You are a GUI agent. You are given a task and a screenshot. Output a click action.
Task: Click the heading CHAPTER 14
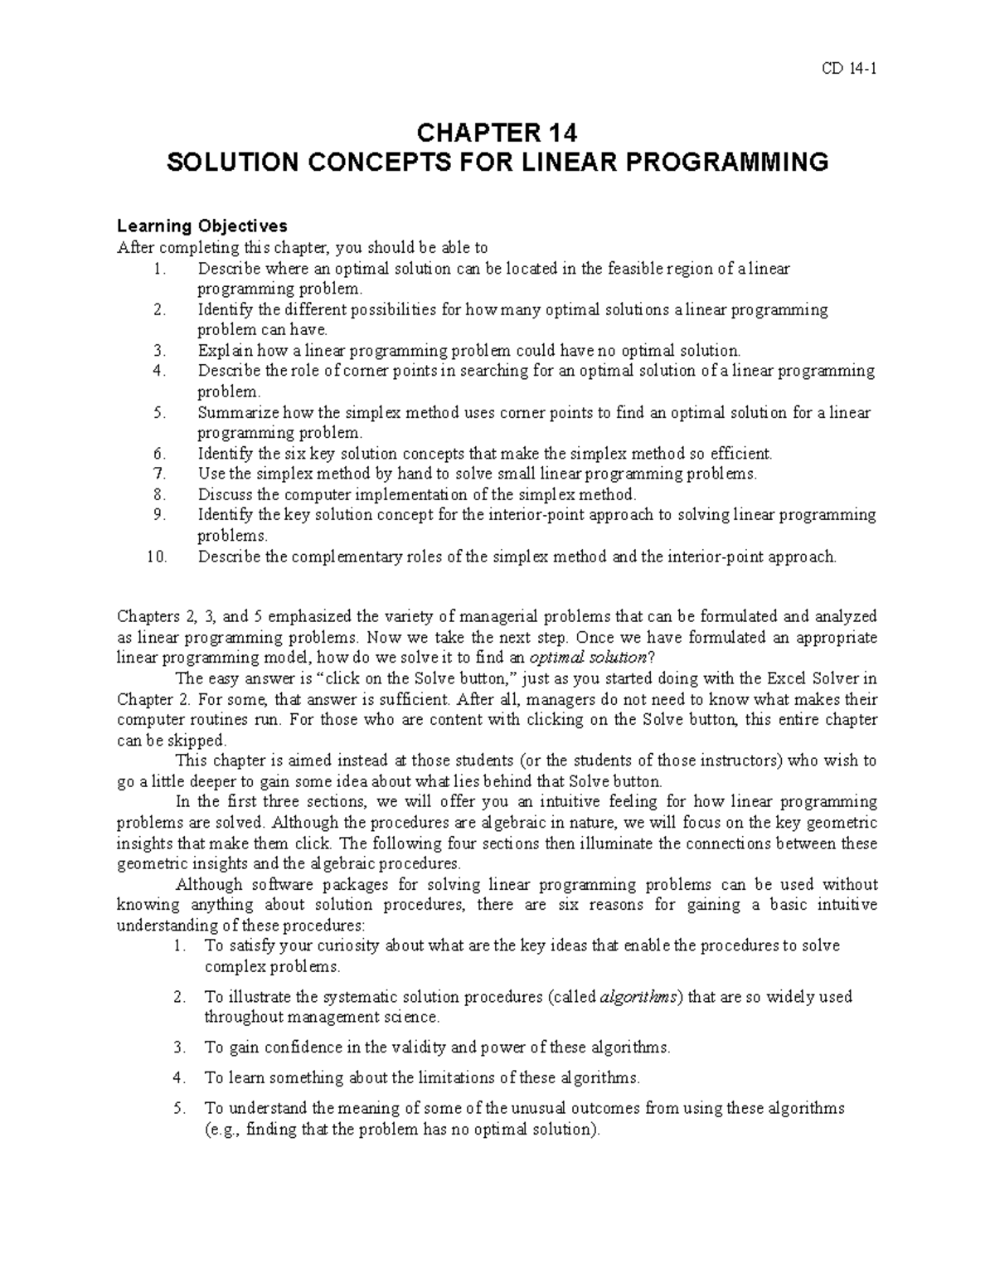click(497, 133)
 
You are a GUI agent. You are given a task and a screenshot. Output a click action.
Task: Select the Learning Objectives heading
click(201, 226)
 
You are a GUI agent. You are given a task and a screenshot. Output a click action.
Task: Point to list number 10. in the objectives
click(157, 557)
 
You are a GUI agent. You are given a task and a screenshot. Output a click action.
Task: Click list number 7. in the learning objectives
click(160, 474)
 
